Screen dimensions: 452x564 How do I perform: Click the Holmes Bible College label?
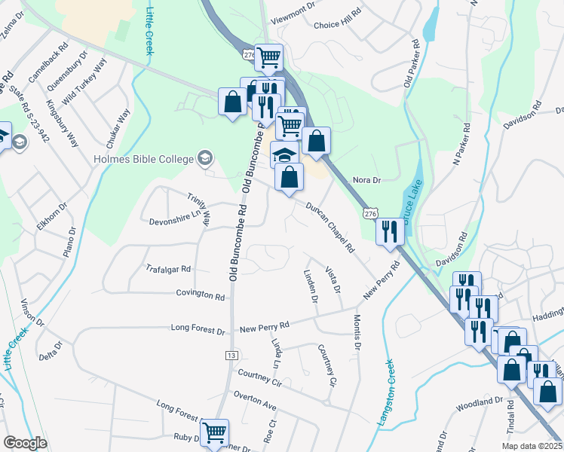(x=143, y=158)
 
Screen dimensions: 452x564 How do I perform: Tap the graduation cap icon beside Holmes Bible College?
(x=204, y=157)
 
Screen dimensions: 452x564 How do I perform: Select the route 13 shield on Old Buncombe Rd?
(x=231, y=355)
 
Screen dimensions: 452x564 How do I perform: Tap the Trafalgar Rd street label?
(x=169, y=268)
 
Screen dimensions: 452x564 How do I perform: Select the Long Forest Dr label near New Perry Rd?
(x=198, y=329)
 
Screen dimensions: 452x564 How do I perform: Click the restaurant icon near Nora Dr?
(x=389, y=231)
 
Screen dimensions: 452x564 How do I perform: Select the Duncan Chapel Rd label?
(x=330, y=226)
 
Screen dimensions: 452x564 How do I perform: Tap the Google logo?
(x=25, y=443)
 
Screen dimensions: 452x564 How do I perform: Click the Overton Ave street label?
(x=256, y=395)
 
